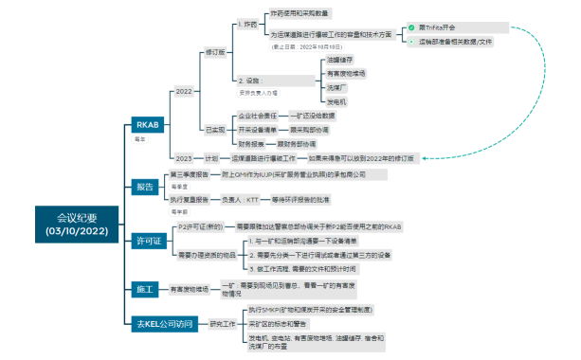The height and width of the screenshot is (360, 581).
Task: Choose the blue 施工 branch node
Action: (x=145, y=287)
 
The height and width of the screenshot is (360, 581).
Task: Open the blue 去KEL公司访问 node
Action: (x=164, y=323)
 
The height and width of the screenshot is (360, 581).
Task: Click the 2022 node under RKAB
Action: (x=185, y=92)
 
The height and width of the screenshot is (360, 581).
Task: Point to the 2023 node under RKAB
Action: (x=185, y=158)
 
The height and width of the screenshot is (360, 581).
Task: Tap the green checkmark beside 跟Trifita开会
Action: (x=411, y=27)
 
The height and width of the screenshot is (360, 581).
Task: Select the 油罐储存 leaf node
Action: (x=288, y=58)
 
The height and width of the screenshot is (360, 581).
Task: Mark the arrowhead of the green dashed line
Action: (x=423, y=158)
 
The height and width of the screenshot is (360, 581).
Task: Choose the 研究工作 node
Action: (x=222, y=323)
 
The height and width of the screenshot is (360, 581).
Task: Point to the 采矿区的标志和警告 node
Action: (x=283, y=323)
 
